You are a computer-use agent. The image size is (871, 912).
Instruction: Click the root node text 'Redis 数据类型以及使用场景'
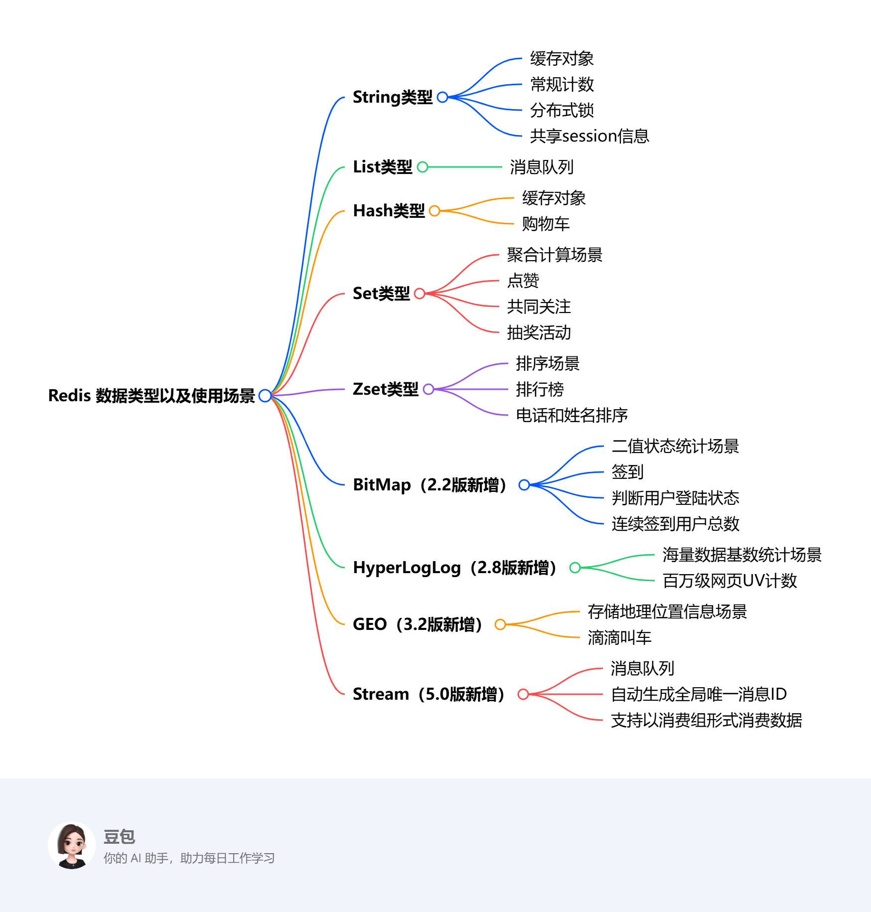[151, 396]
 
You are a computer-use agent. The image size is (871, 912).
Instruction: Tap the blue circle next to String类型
[442, 97]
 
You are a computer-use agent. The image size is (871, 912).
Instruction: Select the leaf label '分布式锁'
[562, 110]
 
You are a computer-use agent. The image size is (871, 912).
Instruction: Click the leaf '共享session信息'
[589, 136]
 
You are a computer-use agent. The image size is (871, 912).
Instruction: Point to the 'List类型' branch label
[382, 167]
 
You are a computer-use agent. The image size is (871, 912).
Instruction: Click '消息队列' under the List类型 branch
[541, 167]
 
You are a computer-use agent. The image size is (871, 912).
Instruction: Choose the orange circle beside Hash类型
[435, 211]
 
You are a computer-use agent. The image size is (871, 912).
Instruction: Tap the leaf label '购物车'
[546, 224]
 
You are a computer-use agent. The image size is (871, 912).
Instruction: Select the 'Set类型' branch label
[381, 294]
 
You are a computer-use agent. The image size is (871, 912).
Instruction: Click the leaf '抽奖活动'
[539, 332]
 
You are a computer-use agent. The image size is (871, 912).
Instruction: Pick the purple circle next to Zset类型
[428, 389]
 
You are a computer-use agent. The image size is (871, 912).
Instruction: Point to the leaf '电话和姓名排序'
[572, 415]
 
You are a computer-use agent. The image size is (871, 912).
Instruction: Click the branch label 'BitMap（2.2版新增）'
[430, 485]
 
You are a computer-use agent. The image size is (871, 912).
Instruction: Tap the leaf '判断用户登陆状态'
[675, 498]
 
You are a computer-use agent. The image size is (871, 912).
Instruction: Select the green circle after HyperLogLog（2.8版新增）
[575, 568]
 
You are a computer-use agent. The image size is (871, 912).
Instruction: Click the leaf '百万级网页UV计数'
[729, 581]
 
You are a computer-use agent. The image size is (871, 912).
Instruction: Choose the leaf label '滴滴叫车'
[619, 637]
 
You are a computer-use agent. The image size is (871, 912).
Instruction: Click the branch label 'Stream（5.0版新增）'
[429, 694]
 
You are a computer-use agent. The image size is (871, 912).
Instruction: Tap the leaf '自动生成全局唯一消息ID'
[699, 694]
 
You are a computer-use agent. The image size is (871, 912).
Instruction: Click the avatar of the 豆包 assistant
[72, 845]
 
